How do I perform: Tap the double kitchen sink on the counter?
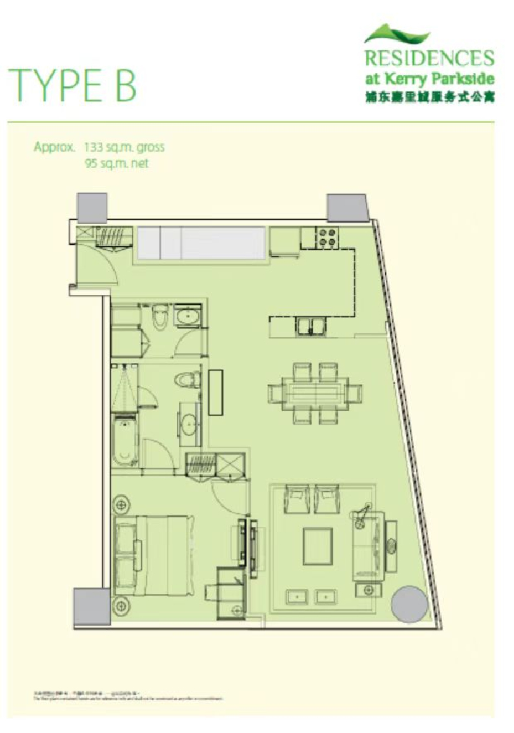pos(313,326)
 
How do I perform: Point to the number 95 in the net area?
pos(90,163)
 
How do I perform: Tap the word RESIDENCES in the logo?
pos(428,58)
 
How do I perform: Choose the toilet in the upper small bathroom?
pos(162,314)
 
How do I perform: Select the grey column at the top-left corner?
pos(92,206)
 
